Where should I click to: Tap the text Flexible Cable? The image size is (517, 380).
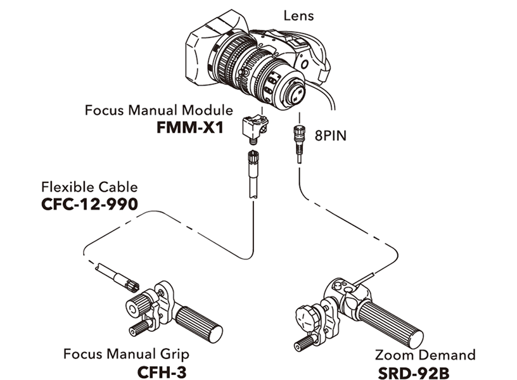click(89, 187)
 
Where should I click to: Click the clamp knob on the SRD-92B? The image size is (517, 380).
click(309, 315)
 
